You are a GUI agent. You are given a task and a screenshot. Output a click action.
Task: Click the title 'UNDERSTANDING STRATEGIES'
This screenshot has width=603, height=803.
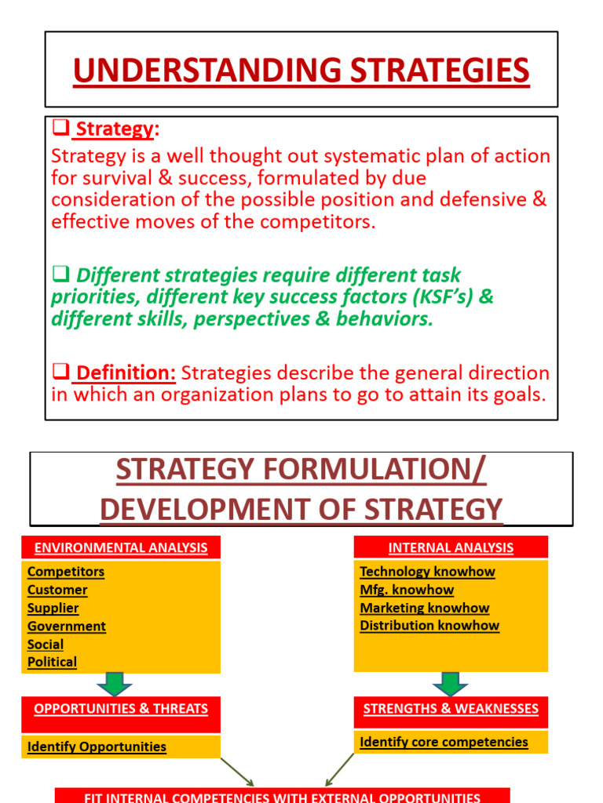point(301,71)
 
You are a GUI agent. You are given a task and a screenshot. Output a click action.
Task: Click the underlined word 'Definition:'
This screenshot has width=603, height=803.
point(126,372)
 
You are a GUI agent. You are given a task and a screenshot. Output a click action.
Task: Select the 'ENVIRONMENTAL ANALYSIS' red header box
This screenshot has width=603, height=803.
point(121,547)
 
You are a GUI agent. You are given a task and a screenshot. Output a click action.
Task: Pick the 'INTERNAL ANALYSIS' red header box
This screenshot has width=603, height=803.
point(451,547)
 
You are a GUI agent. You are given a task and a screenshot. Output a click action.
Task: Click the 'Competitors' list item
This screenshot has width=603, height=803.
point(66,572)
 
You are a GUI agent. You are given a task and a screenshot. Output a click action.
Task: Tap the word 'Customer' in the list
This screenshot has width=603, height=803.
point(57,590)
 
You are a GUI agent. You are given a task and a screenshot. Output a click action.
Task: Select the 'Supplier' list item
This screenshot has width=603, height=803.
point(53,608)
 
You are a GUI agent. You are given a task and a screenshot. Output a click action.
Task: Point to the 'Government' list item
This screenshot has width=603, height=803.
point(67,626)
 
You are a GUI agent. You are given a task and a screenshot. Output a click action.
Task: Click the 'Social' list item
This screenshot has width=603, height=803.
point(46,644)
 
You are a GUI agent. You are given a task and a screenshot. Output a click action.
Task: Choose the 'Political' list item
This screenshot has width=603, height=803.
point(53,662)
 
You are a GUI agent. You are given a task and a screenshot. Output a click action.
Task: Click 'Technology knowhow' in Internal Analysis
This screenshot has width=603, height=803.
point(427,572)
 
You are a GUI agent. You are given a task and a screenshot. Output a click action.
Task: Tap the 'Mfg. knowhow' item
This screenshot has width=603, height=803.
point(407,590)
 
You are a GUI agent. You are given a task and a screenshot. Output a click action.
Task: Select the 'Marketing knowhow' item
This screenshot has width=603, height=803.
point(425,608)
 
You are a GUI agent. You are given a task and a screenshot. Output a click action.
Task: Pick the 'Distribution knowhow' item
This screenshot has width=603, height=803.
point(429,625)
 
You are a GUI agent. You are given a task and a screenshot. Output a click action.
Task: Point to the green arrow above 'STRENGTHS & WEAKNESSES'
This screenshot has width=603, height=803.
point(451,683)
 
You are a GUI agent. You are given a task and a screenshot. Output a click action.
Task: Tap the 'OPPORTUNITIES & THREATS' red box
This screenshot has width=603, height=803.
point(121,709)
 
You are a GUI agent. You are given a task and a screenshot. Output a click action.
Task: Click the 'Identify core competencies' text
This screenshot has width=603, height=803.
point(444,742)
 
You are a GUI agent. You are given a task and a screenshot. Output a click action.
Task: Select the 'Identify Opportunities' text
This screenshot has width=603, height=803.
point(97,747)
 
